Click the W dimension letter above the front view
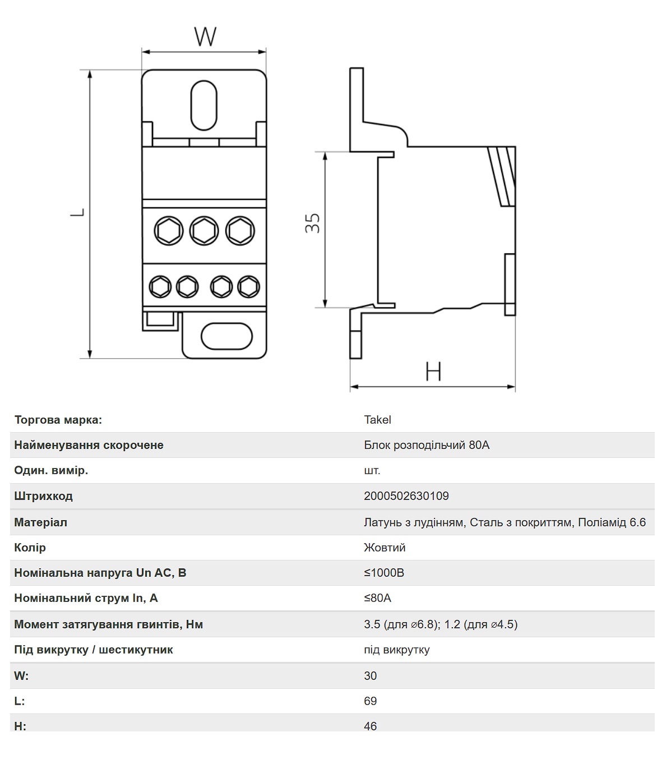205,36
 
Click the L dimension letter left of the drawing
77,212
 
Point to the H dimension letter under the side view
433,371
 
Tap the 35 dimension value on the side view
312,223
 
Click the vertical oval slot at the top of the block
204,105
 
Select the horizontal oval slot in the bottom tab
226,336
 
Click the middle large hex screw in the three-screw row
204,231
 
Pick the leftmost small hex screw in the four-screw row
160,286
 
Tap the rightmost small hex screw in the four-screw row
249,286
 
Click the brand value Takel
377,420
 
